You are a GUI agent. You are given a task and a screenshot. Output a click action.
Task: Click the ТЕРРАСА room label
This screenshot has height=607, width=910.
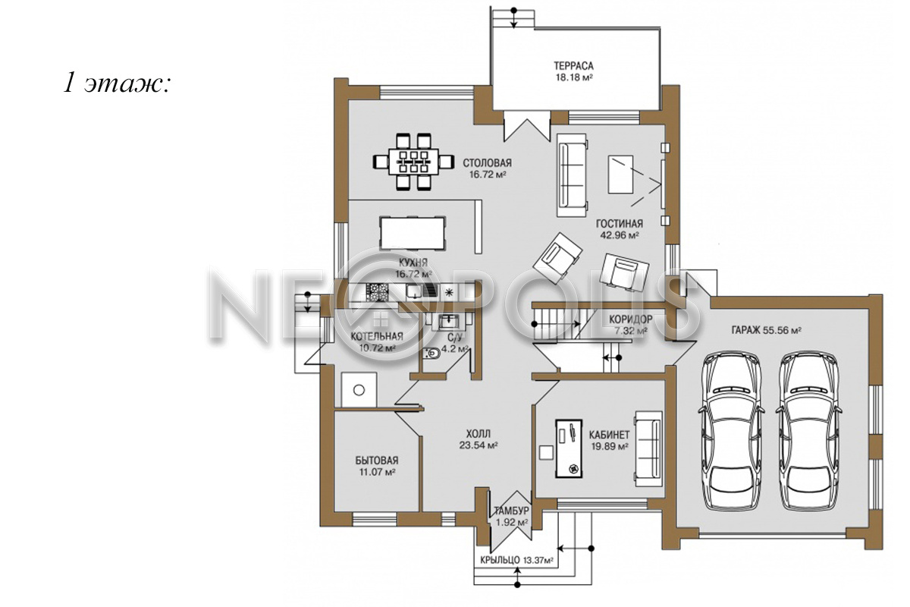[573, 65]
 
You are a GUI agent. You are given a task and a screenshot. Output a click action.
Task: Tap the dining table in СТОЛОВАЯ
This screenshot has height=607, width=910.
[413, 162]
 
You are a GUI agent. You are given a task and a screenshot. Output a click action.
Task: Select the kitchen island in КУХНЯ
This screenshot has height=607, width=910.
[413, 232]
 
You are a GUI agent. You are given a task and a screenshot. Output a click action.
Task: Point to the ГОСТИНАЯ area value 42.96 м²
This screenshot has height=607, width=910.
[620, 235]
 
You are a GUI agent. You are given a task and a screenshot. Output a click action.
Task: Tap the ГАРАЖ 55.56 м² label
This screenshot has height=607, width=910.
[767, 330]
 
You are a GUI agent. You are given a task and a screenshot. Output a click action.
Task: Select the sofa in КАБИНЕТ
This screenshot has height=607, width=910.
[649, 448]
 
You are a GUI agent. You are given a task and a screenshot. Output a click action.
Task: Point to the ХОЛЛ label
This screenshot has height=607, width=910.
[479, 433]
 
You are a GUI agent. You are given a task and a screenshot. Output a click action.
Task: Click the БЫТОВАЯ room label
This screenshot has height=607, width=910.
[377, 461]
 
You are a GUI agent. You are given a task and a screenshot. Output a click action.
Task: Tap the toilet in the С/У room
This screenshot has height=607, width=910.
[431, 354]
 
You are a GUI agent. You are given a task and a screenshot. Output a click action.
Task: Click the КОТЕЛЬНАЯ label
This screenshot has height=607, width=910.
[377, 336]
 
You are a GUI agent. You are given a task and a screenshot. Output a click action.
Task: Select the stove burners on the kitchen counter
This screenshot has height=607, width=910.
[378, 291]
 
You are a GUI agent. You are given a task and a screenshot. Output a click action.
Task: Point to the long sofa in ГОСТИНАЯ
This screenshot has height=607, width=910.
[572, 175]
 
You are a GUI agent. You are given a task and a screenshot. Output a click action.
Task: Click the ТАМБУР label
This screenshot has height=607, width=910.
[511, 511]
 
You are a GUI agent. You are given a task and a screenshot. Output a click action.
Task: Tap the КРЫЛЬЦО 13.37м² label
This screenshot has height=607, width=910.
[516, 560]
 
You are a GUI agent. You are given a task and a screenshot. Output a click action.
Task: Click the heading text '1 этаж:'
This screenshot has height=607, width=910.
[117, 84]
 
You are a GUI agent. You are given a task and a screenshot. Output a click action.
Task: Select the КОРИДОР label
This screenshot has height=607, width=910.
[630, 319]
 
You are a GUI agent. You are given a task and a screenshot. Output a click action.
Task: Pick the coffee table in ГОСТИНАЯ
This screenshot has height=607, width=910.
[620, 174]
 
